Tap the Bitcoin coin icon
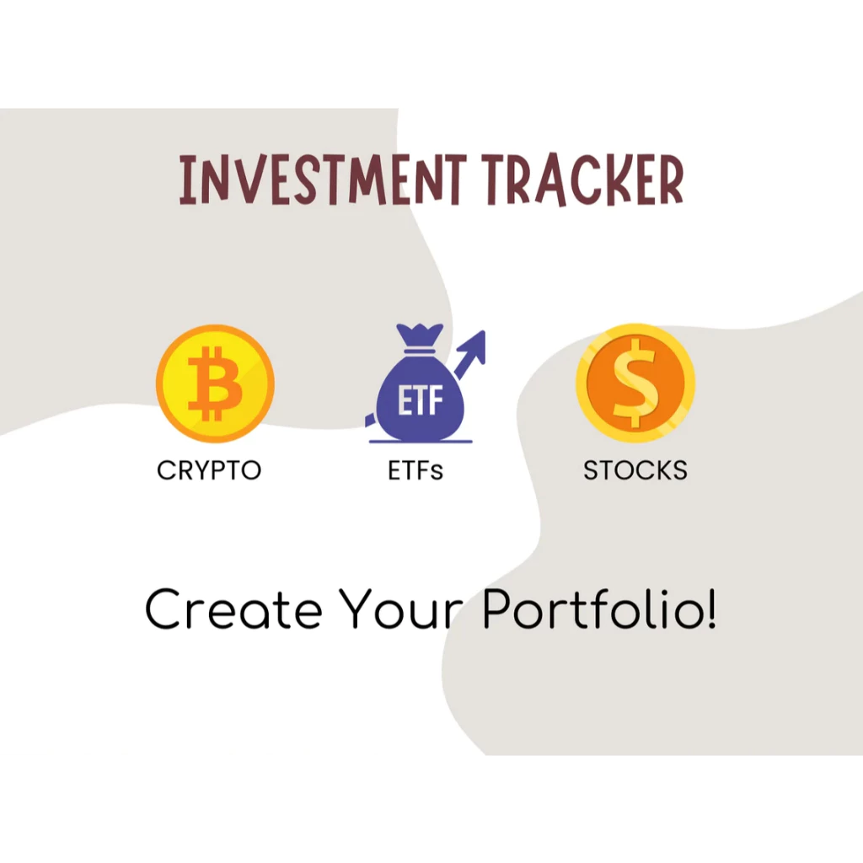click(215, 384)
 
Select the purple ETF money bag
click(419, 400)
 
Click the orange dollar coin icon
click(635, 383)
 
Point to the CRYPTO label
click(209, 469)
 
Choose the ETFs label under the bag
click(415, 469)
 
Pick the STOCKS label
click(635, 469)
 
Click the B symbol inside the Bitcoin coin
click(214, 384)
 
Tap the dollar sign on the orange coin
click(635, 383)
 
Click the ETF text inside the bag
click(419, 402)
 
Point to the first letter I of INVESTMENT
click(187, 180)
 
